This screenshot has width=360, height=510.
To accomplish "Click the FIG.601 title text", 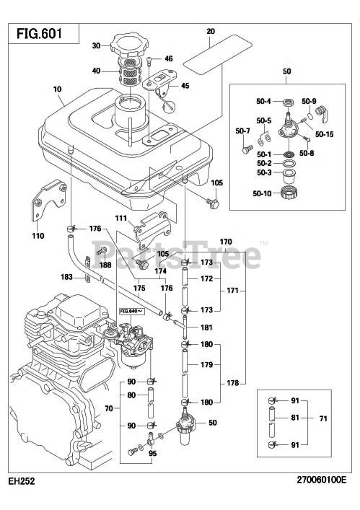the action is coord(39,33).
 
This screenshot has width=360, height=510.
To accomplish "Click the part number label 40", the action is coord(96,71).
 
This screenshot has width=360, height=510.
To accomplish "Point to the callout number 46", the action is coord(169,59).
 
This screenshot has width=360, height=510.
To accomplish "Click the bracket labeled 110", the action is coord(49,200).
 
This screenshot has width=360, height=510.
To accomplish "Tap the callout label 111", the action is coord(121,219).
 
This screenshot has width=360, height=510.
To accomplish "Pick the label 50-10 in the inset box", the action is coord(262,193).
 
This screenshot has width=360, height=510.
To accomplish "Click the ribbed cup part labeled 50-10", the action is coord(289,192).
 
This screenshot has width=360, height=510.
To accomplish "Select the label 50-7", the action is coord(242,131).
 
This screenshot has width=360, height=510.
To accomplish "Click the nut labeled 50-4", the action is coord(288,102).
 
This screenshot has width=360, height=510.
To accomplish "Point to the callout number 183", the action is coord(66,277).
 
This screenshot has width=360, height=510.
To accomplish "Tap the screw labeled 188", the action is coord(102,251).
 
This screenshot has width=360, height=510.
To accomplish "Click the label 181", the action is coord(206,327).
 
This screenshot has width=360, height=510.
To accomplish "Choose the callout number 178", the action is coord(232,383).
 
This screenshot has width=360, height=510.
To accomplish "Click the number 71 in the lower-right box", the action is coord(323,418).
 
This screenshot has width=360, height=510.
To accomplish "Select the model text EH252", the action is coord(22,480).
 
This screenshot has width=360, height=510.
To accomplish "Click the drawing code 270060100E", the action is coord(322,480).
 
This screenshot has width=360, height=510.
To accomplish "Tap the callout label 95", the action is coord(152,453).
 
